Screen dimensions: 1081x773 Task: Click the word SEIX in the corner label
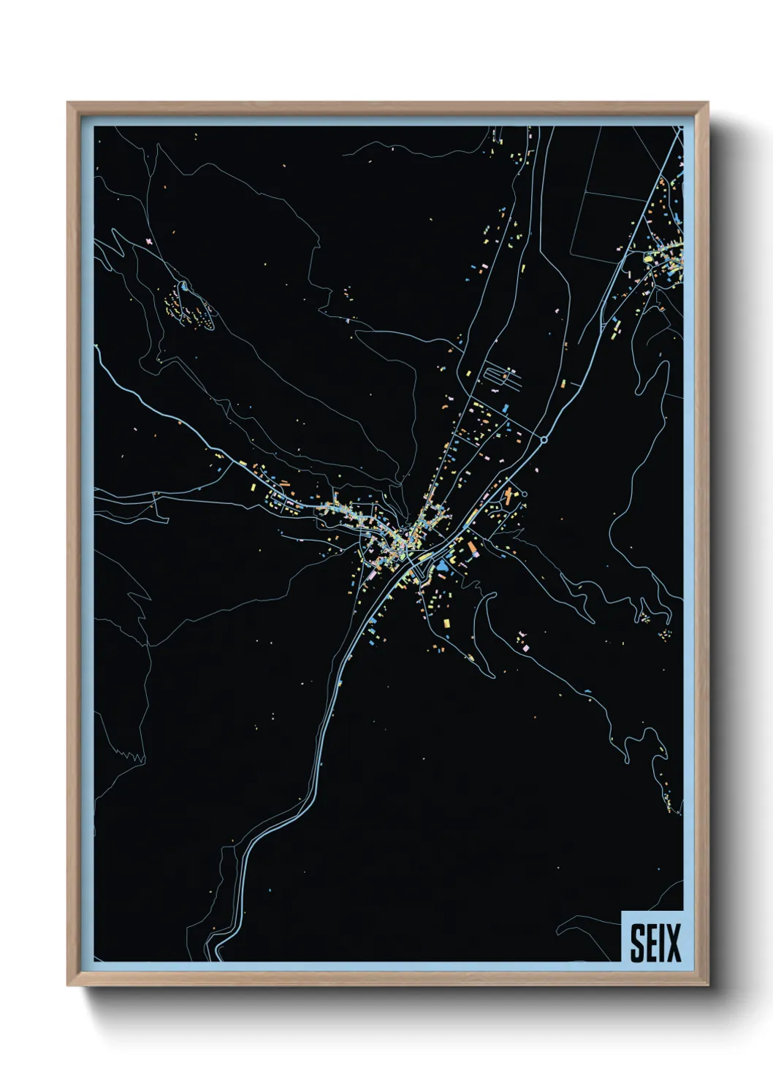[x=655, y=942]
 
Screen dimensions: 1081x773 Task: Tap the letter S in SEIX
[x=637, y=942]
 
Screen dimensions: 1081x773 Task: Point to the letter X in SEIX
[x=672, y=942]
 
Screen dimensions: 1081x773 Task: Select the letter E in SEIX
[x=651, y=942]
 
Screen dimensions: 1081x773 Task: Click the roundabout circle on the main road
[x=543, y=440]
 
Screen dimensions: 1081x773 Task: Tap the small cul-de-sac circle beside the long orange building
[x=525, y=494]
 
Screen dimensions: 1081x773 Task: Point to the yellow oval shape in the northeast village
[x=647, y=257]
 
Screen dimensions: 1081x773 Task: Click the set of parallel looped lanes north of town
[x=502, y=376]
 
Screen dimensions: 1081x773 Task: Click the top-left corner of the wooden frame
[x=68, y=103]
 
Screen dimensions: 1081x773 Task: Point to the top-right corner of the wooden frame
[x=708, y=103]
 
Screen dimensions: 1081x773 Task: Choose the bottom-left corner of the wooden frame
[x=68, y=985]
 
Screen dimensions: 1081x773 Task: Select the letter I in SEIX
[x=663, y=942]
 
